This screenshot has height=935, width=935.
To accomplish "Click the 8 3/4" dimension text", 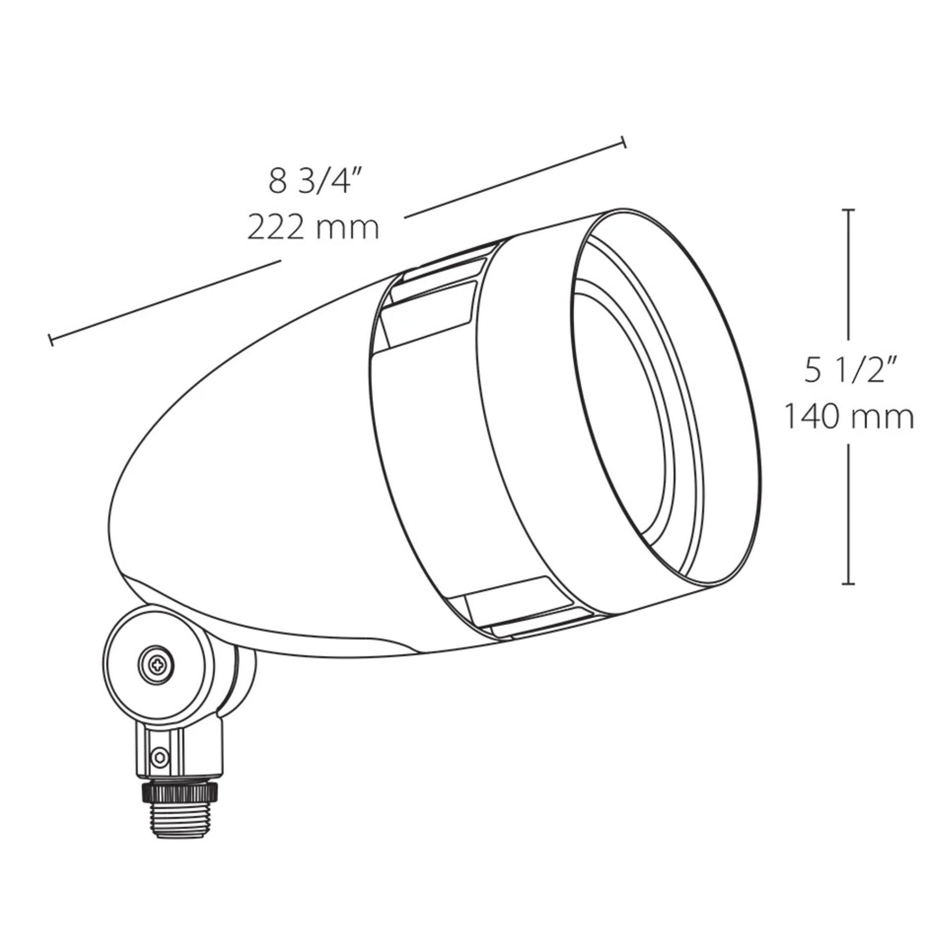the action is pyautogui.click(x=316, y=182).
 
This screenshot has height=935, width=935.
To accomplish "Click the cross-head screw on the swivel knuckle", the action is pyautogui.click(x=156, y=666).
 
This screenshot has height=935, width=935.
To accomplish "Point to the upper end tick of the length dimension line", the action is pyautogui.click(x=624, y=142).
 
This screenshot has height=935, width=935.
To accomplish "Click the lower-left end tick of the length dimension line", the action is pyautogui.click(x=50, y=340).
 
